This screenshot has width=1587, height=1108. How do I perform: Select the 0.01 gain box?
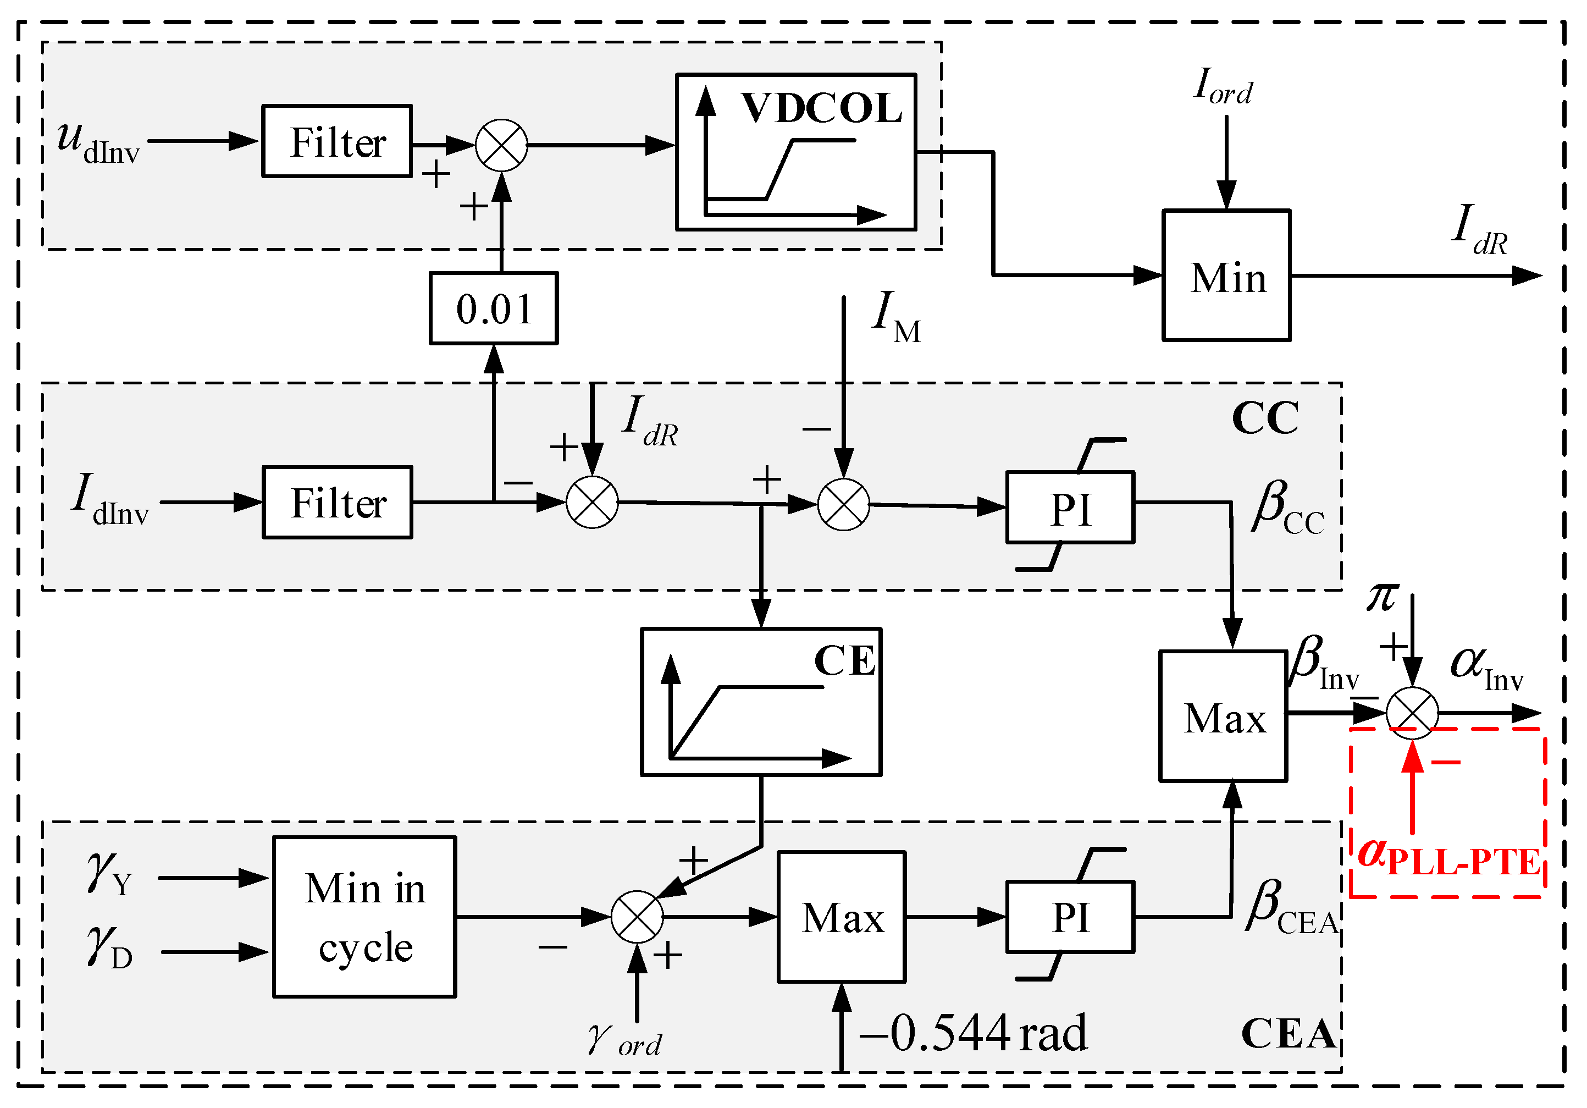click(x=494, y=308)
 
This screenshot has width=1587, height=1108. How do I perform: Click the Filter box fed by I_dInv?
click(x=338, y=503)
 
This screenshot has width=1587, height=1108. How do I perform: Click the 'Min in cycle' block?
click(x=364, y=917)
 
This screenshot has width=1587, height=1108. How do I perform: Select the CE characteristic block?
click(x=760, y=702)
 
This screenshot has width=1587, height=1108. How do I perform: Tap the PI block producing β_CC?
click(x=1070, y=508)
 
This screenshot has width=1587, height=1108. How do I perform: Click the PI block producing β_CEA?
click(x=1070, y=917)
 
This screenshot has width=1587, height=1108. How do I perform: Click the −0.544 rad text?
click(x=973, y=1033)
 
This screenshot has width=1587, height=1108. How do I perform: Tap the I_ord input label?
click(x=1223, y=86)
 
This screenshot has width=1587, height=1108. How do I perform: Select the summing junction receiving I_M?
click(x=843, y=505)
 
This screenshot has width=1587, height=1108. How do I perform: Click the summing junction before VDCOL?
click(x=502, y=145)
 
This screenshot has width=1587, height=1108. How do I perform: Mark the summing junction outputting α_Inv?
click(x=1412, y=713)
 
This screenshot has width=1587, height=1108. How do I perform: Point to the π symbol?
click(x=1383, y=596)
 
